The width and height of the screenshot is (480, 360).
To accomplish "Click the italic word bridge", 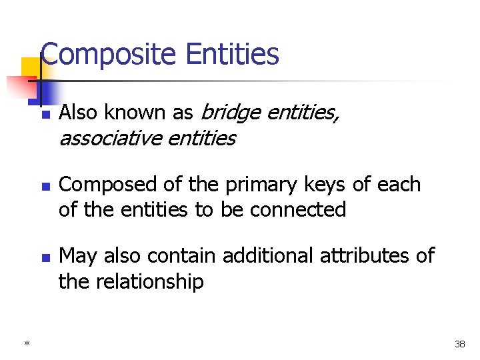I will click(230, 113).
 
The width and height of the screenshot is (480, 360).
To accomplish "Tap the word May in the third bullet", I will click(77, 256).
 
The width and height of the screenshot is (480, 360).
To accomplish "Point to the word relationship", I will click(150, 281).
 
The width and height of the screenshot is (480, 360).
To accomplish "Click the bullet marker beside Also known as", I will click(45, 115).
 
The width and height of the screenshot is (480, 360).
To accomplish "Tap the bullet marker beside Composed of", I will click(45, 186).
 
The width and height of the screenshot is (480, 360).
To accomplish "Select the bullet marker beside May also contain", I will click(45, 257).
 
